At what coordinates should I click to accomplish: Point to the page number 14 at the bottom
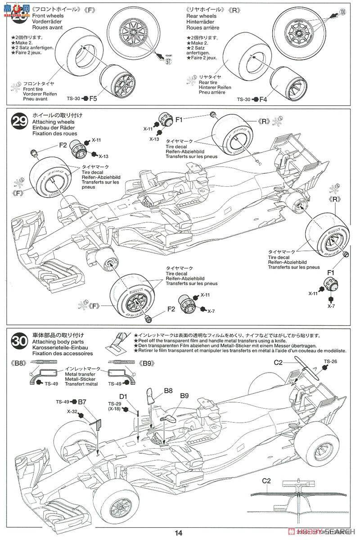[x=179, y=533]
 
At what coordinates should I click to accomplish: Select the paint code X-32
[x=72, y=411]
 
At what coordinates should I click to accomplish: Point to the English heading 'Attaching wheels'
[x=51, y=122]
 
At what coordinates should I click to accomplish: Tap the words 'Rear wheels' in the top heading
[x=201, y=16]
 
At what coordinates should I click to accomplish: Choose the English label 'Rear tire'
[x=210, y=82]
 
